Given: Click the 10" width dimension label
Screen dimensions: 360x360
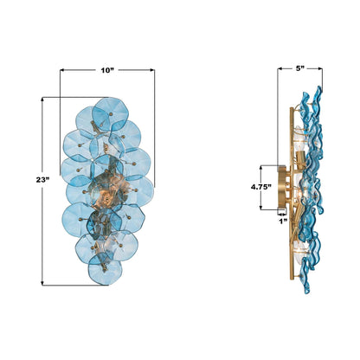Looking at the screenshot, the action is pos(107,70).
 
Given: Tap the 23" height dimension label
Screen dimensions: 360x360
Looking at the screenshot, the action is pos(42,180).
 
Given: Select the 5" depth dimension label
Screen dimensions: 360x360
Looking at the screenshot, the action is pos(300,68).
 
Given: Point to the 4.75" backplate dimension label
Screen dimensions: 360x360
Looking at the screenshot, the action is pos(261,187).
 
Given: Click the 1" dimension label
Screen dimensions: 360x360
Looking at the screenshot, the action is pos(283,221).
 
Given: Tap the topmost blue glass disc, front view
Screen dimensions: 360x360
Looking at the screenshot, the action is pos(110,113).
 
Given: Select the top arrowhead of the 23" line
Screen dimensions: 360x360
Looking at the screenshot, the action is pos(42,100).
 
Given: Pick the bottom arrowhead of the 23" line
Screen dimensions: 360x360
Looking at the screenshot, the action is pos(42,283).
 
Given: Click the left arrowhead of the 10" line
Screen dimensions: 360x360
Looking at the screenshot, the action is pos(62,70).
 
